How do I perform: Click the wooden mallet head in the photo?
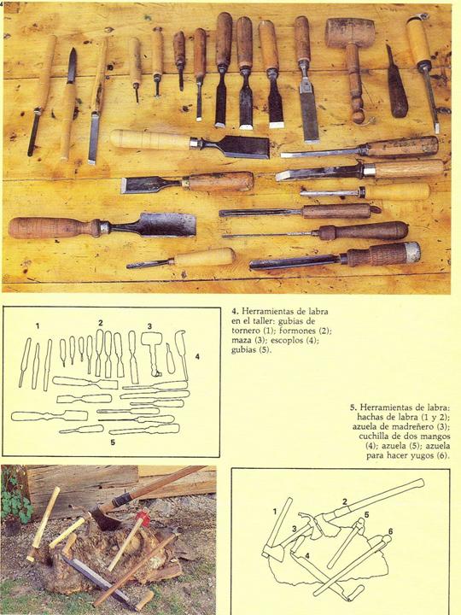(350, 32)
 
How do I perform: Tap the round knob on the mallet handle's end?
(359, 116)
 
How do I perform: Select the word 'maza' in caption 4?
(241, 341)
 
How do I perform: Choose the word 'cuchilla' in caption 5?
(374, 436)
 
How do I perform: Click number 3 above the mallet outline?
(149, 326)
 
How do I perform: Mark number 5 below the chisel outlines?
(113, 442)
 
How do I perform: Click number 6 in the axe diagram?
(390, 531)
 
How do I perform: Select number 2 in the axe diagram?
(345, 501)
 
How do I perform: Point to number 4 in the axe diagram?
(307, 556)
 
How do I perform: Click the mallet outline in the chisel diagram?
(152, 351)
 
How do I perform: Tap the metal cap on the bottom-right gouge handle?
(412, 252)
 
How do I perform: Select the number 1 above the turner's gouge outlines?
(38, 326)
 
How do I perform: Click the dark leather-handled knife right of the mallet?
(397, 85)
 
